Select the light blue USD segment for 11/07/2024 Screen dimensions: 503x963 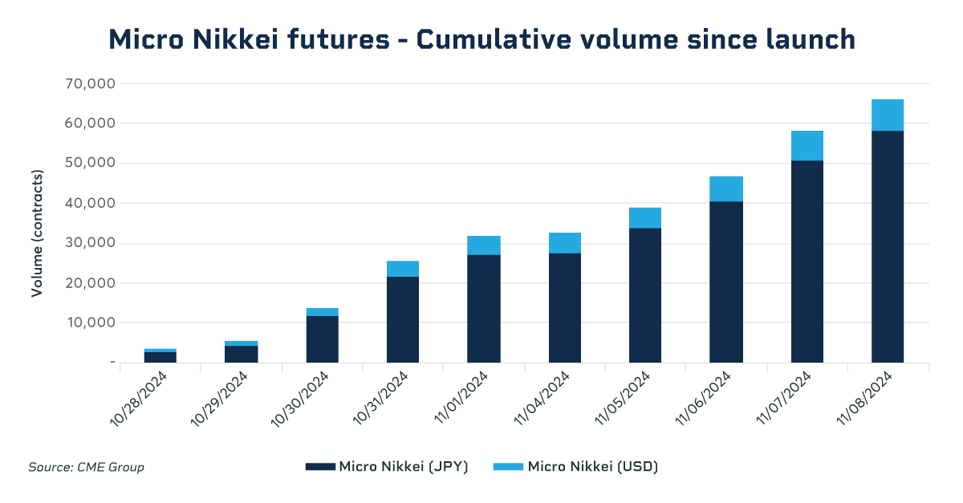tap(807, 145)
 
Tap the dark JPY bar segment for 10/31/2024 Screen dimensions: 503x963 tap(402, 319)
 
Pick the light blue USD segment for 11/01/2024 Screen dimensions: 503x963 tap(484, 245)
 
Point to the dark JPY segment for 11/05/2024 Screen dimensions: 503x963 tap(645, 295)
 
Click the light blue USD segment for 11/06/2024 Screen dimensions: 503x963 tap(726, 189)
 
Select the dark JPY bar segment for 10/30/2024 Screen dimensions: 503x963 tap(322, 339)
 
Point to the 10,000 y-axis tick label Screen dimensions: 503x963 tap(88, 322)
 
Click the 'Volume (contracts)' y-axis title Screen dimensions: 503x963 tap(37, 233)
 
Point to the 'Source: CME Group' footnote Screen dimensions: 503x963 tap(87, 467)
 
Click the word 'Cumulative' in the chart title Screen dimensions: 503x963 tap(473, 39)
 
